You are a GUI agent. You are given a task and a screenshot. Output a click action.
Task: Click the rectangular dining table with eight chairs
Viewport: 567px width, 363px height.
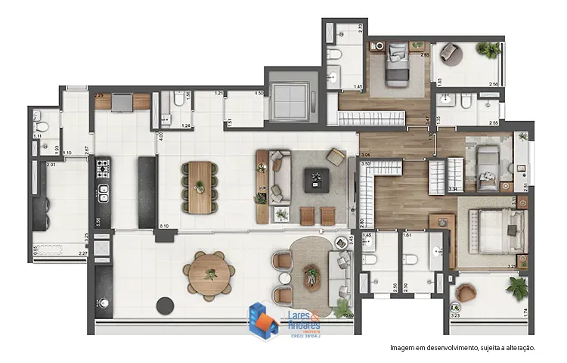point(199,185)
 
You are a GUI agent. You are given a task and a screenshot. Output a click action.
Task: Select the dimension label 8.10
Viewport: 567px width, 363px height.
point(164,226)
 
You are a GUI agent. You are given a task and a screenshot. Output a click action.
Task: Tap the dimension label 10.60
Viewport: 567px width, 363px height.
point(348,315)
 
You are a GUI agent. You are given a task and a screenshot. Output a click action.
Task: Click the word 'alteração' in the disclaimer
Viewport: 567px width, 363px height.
point(516,348)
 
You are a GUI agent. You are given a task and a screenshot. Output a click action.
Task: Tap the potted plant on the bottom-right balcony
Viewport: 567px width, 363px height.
point(518,287)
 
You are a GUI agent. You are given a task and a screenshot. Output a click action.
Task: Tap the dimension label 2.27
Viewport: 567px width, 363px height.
point(83,254)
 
